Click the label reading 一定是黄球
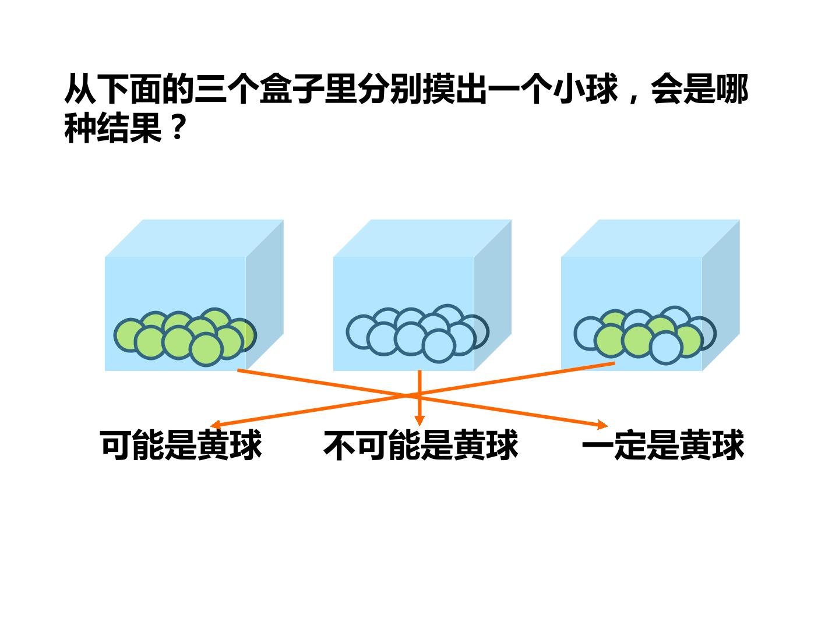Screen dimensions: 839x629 click(663, 446)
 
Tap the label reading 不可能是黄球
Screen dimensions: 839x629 click(421, 446)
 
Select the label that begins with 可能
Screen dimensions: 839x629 click(181, 446)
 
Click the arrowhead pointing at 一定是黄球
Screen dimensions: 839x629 click(603, 425)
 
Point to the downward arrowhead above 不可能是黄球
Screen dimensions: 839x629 click(419, 420)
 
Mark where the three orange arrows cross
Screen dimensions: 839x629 click(419, 395)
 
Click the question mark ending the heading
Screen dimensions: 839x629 click(177, 128)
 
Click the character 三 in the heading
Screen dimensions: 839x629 click(210, 89)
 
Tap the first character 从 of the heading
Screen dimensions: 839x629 click(80, 89)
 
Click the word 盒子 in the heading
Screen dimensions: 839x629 click(292, 89)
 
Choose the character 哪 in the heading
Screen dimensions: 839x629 click(732, 89)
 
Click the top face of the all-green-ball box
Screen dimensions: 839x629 click(194, 238)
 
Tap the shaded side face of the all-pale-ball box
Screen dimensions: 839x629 click(492, 295)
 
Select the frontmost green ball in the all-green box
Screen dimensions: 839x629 click(206, 349)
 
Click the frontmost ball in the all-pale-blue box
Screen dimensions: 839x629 click(438, 346)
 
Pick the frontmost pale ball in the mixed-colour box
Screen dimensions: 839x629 click(666, 348)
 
